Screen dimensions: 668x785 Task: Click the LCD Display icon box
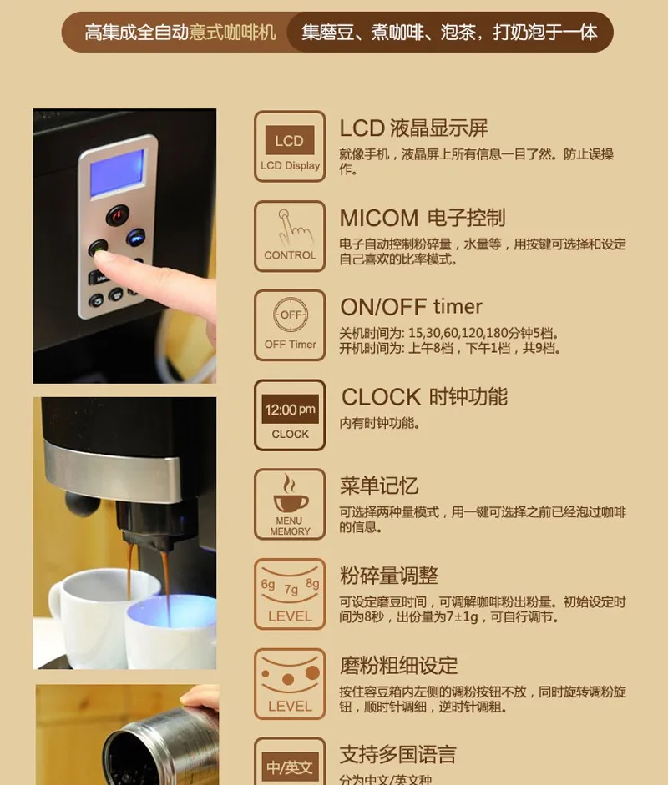coord(290,146)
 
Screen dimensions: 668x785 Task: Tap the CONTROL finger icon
coord(290,236)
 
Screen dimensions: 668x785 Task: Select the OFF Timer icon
coord(290,325)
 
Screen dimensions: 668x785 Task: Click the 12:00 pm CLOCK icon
coord(290,415)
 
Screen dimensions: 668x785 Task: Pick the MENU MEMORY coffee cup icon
coord(290,504)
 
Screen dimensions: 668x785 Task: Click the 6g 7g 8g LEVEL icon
coord(290,594)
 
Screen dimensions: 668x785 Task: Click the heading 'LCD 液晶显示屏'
coord(413,128)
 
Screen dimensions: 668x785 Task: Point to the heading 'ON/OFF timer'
coord(411,306)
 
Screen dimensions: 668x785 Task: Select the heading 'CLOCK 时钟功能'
coord(424,397)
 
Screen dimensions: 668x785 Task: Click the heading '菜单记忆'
coord(379,486)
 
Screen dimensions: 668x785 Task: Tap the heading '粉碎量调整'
coord(389,576)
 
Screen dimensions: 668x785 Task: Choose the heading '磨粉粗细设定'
coord(399,666)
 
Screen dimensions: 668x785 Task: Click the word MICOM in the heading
coord(379,219)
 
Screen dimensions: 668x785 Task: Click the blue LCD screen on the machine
coord(117,174)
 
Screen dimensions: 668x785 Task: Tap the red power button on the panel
coord(118,215)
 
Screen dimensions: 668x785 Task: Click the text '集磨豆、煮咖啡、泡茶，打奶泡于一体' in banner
coord(449,33)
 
